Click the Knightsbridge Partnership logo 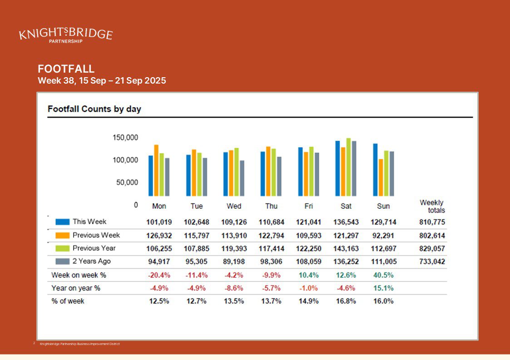pos(66,35)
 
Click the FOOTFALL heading pos(66,69)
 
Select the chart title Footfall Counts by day pos(94,109)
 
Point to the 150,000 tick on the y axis pos(125,138)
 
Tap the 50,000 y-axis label pos(127,182)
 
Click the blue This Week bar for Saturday pos(337,168)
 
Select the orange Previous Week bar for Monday pos(156,170)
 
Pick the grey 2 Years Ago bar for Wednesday pos(242,178)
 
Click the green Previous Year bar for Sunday pos(386,173)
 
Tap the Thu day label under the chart pos(271,206)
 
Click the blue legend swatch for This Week pos(63,222)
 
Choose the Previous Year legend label pos(94,248)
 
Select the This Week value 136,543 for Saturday pos(346,222)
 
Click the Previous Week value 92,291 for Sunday pos(383,236)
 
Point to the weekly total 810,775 pos(432,222)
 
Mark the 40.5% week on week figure pos(383,275)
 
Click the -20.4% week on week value pos(159,275)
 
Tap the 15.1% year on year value pos(383,288)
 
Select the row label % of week pos(68,301)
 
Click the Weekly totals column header pos(432,207)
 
